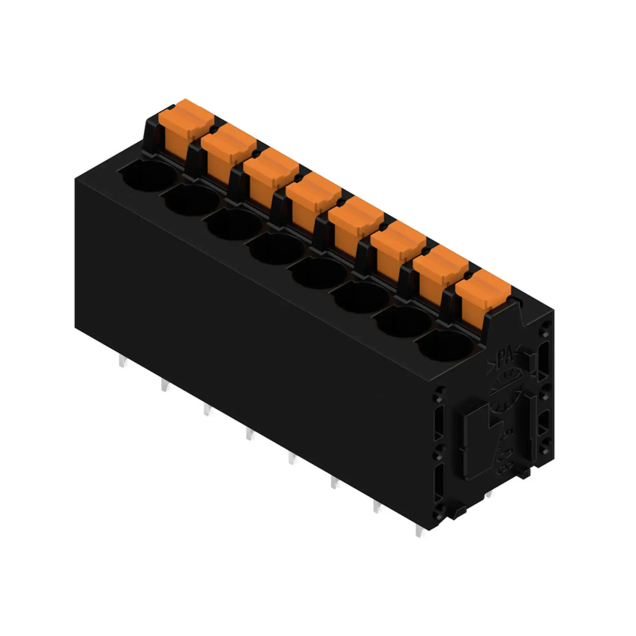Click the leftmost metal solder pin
pos(122,362)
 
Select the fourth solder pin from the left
pos(250,434)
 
